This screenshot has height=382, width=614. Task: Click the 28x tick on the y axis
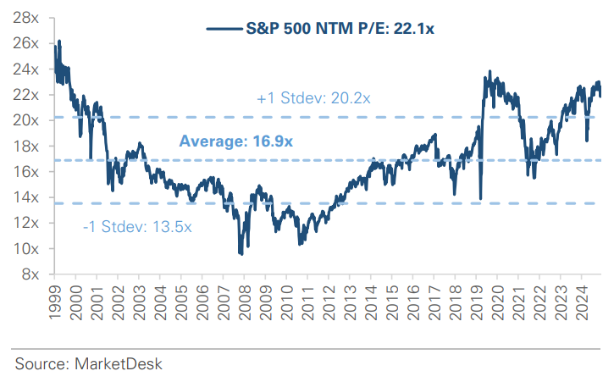click(x=28, y=18)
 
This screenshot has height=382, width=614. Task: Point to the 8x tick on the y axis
click(x=31, y=274)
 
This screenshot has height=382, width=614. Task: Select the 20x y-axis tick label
click(x=28, y=120)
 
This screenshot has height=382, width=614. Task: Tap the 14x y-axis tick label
click(x=28, y=197)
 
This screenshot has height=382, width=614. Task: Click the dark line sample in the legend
click(x=226, y=29)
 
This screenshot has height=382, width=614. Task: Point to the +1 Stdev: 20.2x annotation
click(x=313, y=99)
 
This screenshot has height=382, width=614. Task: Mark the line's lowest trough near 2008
click(x=241, y=254)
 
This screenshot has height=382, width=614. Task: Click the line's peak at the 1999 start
click(x=58, y=41)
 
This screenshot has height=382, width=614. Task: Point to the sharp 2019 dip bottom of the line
click(x=480, y=199)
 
